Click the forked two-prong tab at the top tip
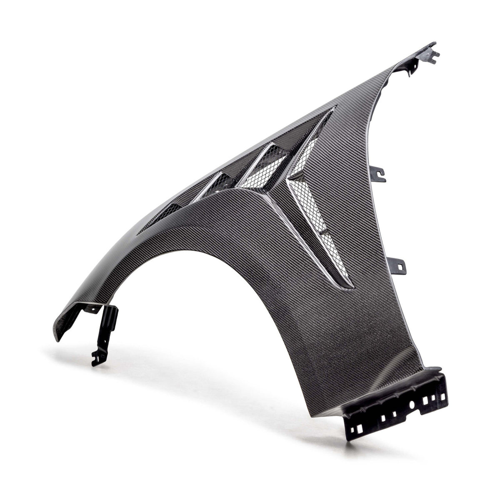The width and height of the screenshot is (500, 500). [431, 52]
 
